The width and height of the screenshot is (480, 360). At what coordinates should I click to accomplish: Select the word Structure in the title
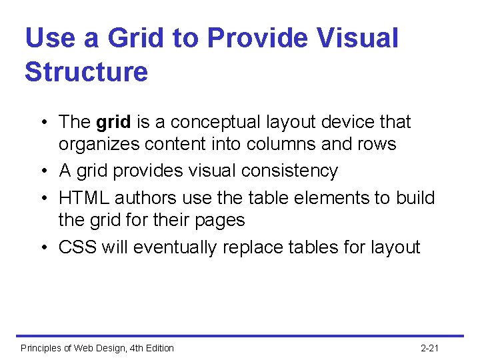click(x=86, y=71)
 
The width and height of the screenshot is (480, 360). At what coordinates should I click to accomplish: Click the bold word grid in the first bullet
click(x=113, y=122)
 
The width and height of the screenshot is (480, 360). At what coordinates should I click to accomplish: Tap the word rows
click(x=377, y=144)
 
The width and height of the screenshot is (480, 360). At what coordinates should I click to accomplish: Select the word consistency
click(x=291, y=171)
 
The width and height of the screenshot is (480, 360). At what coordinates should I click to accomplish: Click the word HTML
click(x=84, y=198)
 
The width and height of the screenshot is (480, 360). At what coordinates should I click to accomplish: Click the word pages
click(x=222, y=220)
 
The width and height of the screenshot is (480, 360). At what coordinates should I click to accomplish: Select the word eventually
click(x=175, y=247)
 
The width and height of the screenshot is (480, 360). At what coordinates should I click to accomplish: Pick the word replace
click(x=251, y=247)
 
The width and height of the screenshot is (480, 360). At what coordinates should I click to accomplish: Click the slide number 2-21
click(x=430, y=348)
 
